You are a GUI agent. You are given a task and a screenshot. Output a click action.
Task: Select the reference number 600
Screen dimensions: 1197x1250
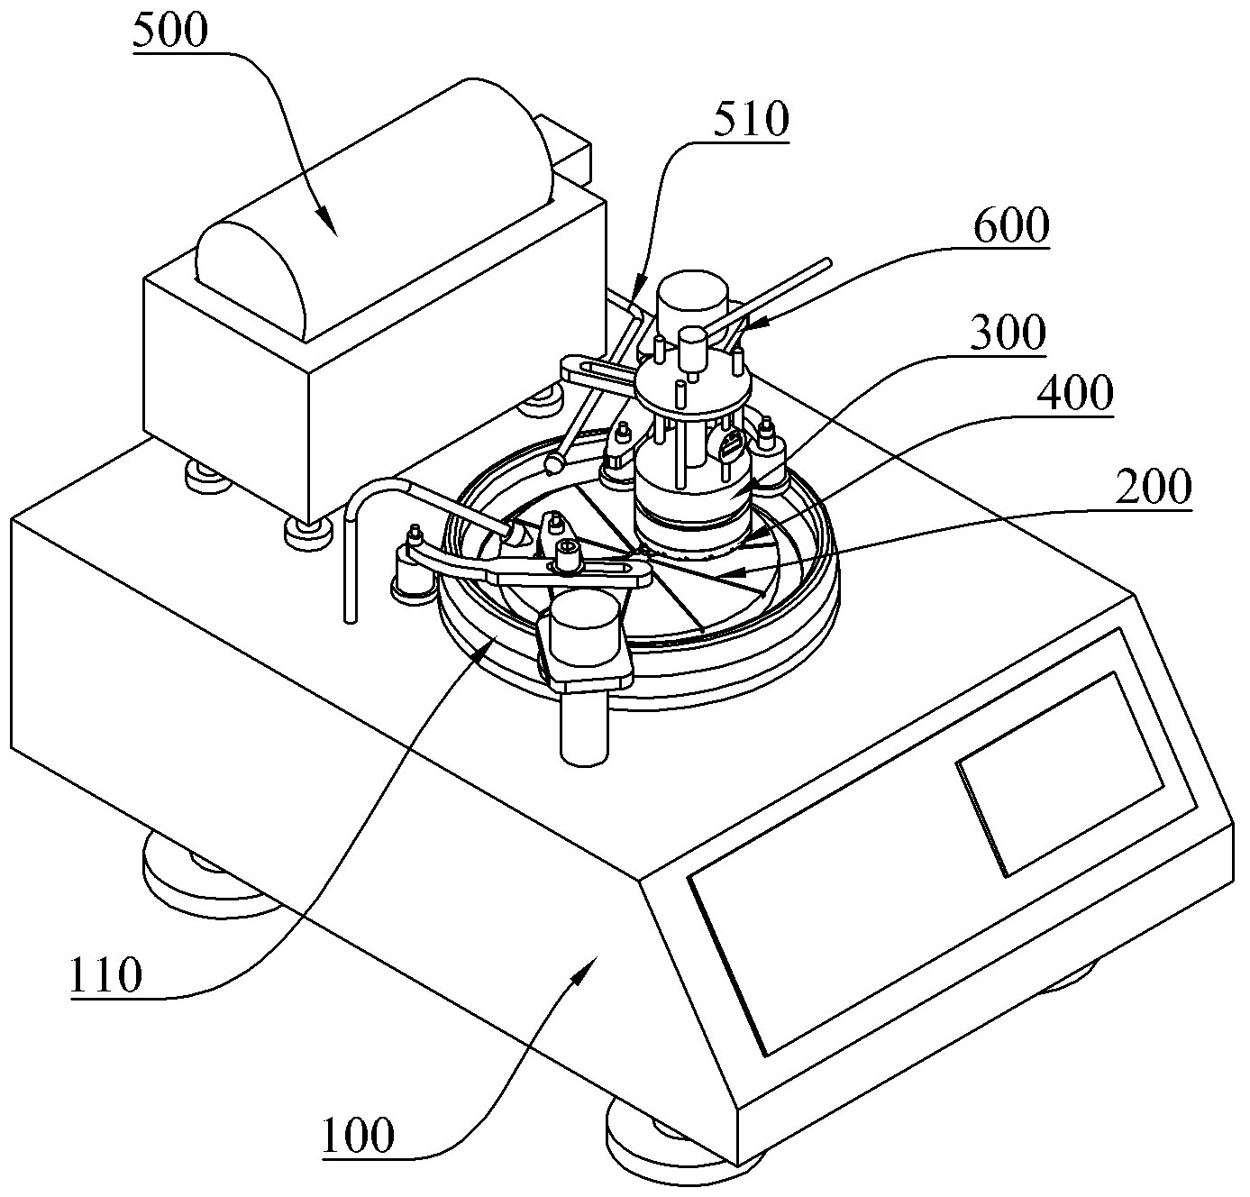coord(1011,228)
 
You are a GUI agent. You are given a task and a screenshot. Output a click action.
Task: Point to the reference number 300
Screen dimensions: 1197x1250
coord(1008,334)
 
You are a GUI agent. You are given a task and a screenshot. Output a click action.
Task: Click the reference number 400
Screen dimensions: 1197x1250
coord(1073,394)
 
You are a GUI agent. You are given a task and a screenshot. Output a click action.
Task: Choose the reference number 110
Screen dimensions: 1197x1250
coord(106,975)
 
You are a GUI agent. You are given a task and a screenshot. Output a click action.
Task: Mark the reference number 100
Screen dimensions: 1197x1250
coord(359,1135)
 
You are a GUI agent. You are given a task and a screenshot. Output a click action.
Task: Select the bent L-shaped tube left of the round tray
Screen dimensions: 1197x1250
coord(360,541)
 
